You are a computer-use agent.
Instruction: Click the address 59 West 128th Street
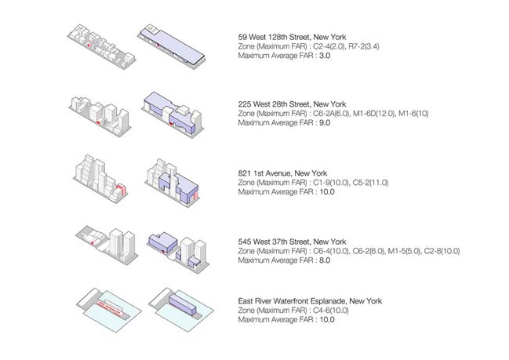274,36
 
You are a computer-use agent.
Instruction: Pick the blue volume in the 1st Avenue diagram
176,184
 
